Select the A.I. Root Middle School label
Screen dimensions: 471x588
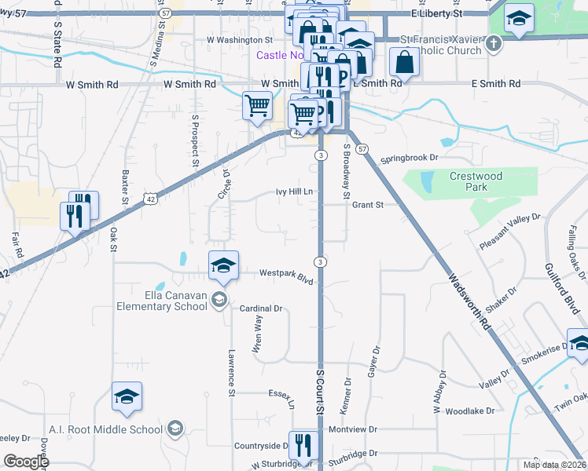pyautogui.click(x=117, y=429)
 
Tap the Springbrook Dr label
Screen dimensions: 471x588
pyautogui.click(x=409, y=158)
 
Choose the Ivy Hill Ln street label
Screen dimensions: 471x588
pyautogui.click(x=295, y=191)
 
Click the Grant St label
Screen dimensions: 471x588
pyautogui.click(x=367, y=205)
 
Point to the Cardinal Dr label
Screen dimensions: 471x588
pyautogui.click(x=261, y=309)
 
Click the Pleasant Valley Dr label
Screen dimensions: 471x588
pyautogui.click(x=511, y=232)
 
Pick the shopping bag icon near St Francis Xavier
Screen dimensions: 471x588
pyautogui.click(x=404, y=62)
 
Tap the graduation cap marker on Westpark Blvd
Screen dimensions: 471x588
pyautogui.click(x=223, y=265)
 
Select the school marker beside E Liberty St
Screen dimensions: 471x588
pyautogui.click(x=519, y=19)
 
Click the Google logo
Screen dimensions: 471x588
pyautogui.click(x=26, y=461)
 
